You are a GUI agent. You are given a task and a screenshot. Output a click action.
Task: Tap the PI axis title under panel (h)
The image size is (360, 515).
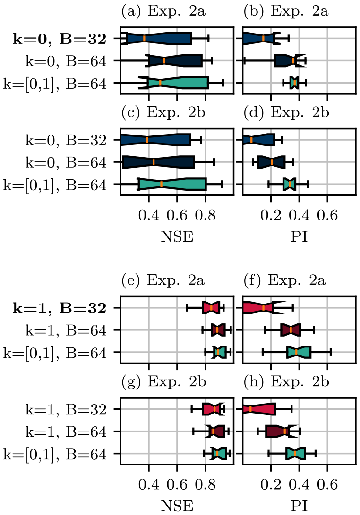[x=299, y=506]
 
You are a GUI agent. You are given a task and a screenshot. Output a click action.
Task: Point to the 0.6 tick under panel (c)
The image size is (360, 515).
[x=177, y=217]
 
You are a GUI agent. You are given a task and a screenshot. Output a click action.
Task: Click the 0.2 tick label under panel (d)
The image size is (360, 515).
[x=271, y=217]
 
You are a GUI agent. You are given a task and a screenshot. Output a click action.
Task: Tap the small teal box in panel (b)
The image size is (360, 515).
[x=294, y=83]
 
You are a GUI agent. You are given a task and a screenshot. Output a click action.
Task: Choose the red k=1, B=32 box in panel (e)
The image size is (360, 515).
[x=211, y=308]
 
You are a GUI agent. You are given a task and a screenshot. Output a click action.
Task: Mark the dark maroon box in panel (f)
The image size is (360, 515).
[x=291, y=330]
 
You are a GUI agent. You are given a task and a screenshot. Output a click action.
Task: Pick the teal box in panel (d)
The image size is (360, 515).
[x=290, y=184]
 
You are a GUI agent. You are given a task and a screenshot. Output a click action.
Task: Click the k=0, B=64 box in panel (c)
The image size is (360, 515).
[x=159, y=162]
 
